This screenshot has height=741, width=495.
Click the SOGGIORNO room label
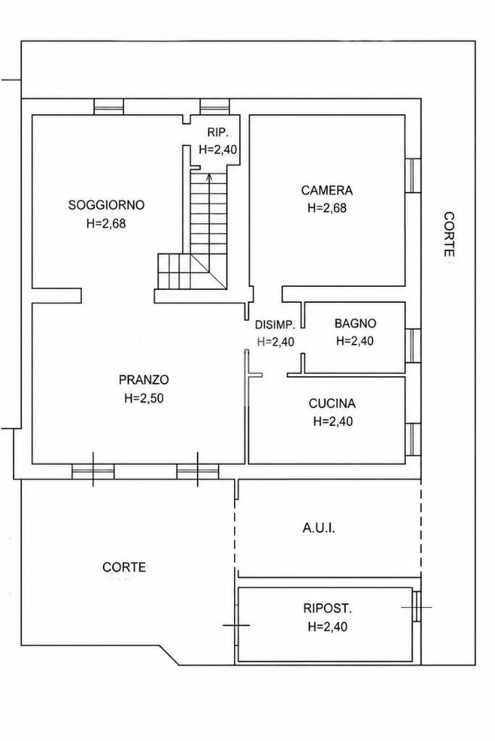point(107,205)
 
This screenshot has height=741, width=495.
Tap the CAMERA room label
point(327,191)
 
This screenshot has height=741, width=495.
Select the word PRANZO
point(143,380)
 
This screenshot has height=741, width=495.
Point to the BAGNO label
point(355,324)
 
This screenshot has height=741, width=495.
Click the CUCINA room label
point(332,403)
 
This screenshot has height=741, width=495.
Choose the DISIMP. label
point(275,325)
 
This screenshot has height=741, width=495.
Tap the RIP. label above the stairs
point(218,133)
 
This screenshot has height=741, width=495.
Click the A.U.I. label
point(319,528)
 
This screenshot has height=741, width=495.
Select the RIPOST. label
point(327,608)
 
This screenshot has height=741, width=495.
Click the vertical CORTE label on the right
point(449,234)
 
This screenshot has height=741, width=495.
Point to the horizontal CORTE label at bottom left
point(124,567)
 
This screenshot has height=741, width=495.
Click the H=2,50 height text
point(143,398)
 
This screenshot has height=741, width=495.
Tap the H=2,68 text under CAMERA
point(327,208)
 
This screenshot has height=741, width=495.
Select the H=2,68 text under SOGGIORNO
point(107,223)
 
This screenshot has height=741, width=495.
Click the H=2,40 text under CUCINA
point(333,421)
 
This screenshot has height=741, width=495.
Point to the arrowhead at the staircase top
point(209,177)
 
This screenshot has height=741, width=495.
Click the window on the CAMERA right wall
point(412,175)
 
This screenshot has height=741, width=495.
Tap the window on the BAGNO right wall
point(412,346)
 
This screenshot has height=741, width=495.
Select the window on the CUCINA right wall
point(412,440)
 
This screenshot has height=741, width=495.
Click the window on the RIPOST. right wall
point(416,606)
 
